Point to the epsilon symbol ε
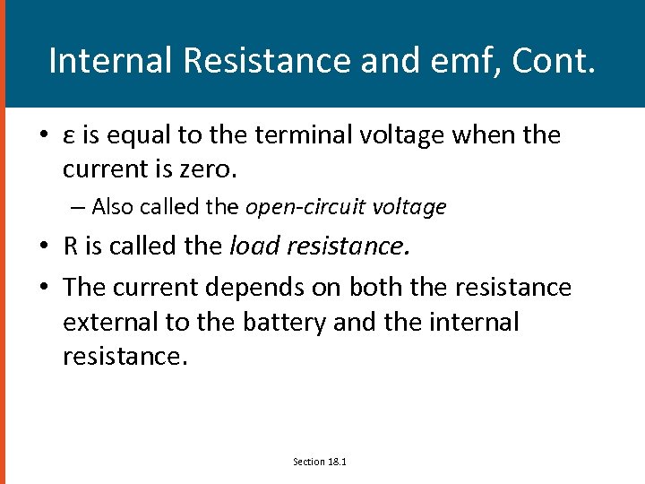[x=69, y=136]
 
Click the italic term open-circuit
[x=299, y=207]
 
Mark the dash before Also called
[x=79, y=207]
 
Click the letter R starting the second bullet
[x=70, y=246]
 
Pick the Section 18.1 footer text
[x=320, y=462]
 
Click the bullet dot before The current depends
[x=44, y=288]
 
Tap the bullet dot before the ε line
[x=44, y=136]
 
